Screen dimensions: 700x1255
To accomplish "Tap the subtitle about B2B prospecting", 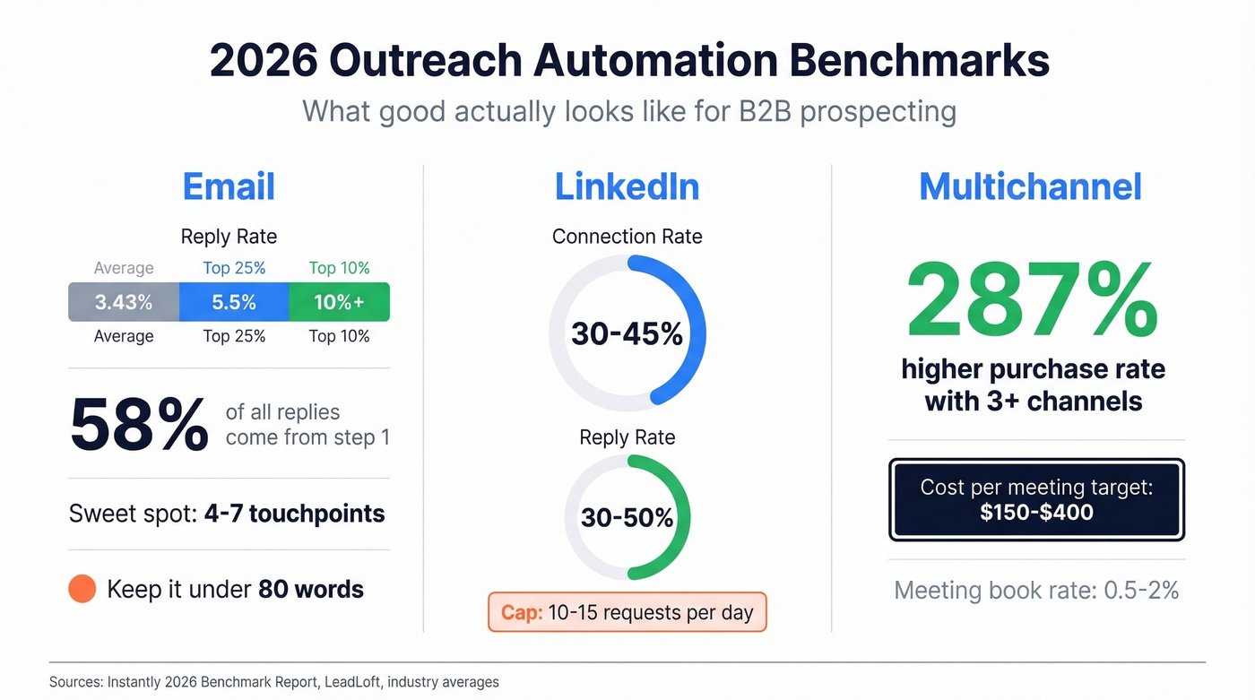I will (x=628, y=112).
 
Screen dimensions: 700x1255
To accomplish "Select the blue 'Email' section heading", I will (x=229, y=186).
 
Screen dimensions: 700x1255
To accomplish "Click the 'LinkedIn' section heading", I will (x=627, y=186).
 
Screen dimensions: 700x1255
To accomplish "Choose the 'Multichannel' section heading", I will (x=1030, y=186).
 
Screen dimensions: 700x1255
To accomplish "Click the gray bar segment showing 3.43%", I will (x=124, y=302).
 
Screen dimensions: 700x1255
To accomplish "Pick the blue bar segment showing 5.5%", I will (x=234, y=302).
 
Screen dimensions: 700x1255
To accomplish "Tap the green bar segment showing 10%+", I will (x=339, y=302).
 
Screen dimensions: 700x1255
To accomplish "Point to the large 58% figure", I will (x=139, y=425).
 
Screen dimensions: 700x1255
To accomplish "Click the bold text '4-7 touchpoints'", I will (x=294, y=514).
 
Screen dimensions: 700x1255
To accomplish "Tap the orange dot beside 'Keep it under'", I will (x=82, y=589).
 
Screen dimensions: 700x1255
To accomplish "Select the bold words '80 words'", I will (x=310, y=589).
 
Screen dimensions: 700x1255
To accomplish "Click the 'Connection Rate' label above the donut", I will (x=627, y=237).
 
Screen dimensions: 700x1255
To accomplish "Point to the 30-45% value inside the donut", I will (x=627, y=334).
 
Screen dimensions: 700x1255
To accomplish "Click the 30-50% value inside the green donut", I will (x=627, y=517).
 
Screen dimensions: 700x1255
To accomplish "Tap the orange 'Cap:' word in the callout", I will (x=521, y=613).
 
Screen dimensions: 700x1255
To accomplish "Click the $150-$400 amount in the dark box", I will (x=1036, y=513).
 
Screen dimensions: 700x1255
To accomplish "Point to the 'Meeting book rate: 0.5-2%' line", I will (x=1036, y=590).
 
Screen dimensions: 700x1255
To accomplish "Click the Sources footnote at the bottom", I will (x=273, y=682).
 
